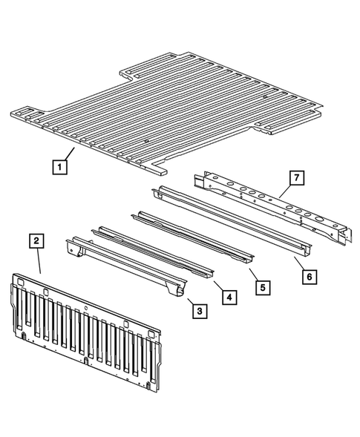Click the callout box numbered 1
click(x=58, y=168)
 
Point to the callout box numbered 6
click(x=309, y=275)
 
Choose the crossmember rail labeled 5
click(x=193, y=237)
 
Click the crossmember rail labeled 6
click(x=230, y=219)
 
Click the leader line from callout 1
click(x=68, y=157)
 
